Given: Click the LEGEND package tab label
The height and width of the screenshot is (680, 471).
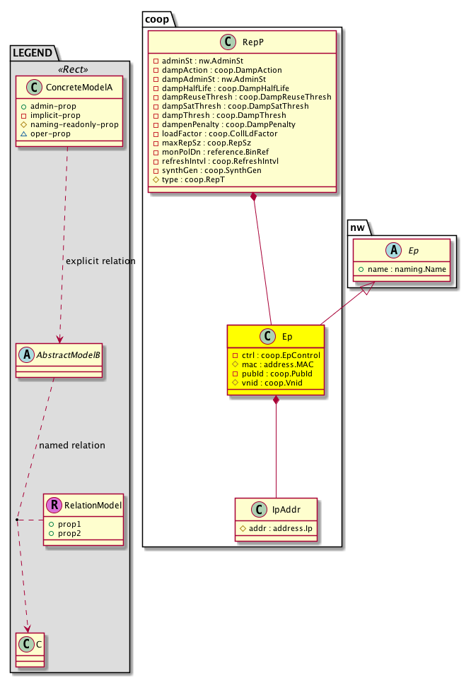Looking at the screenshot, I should (x=33, y=52).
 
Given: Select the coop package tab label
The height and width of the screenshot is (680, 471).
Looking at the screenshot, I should (x=157, y=17).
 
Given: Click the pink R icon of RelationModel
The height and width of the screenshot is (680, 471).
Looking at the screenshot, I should (x=53, y=505).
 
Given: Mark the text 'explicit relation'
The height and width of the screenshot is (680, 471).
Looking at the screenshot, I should (x=100, y=261).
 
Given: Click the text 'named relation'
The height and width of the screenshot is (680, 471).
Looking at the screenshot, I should (x=72, y=446).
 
